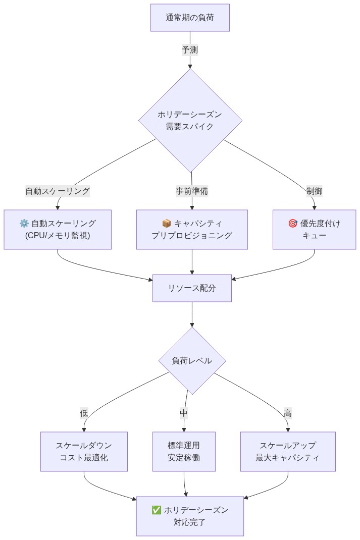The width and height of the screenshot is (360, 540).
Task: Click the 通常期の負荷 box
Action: click(190, 18)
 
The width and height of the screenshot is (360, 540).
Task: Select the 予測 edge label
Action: click(190, 49)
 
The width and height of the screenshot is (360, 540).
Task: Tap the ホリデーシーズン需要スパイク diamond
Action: click(190, 121)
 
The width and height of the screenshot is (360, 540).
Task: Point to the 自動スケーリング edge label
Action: click(58, 191)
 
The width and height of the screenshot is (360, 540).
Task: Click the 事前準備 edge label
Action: click(192, 191)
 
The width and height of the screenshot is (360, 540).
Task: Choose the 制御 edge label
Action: click(314, 191)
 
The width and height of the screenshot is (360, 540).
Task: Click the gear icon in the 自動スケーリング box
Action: click(24, 224)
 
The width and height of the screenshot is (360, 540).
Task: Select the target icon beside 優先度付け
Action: click(292, 224)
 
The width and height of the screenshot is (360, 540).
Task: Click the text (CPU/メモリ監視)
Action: click(58, 236)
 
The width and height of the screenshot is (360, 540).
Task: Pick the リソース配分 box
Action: click(192, 288)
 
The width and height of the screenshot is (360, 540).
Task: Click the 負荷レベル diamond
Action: click(192, 361)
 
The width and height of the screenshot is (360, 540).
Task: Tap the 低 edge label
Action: click(84, 413)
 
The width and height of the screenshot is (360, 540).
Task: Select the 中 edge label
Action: click(184, 413)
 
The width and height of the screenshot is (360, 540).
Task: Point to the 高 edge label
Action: click(288, 413)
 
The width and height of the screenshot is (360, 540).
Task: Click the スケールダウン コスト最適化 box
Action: click(84, 452)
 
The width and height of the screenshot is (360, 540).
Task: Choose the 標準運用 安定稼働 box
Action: click(184, 452)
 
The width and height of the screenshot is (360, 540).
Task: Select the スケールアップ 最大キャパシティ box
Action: click(288, 452)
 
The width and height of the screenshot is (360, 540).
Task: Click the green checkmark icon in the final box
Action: click(157, 510)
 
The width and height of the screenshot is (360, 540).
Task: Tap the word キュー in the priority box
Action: click(314, 236)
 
